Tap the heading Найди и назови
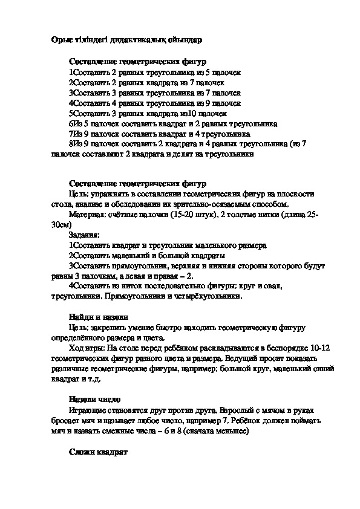coord(97,317)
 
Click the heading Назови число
coord(95,400)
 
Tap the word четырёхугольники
coord(210,297)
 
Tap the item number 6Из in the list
coord(75,123)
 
